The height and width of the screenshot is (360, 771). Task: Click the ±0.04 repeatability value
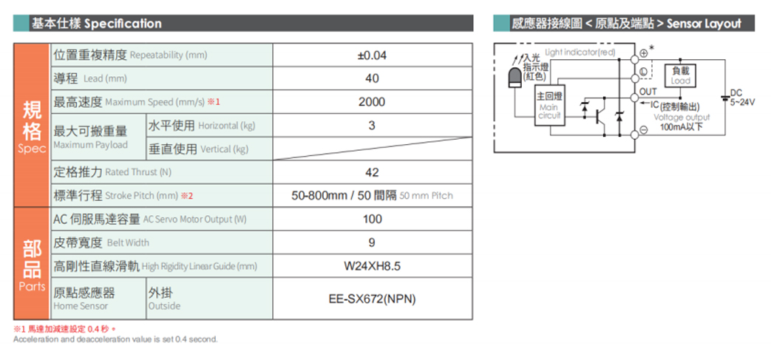(x=373, y=55)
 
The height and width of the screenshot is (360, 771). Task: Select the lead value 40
(x=373, y=78)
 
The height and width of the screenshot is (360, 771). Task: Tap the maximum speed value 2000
(x=373, y=102)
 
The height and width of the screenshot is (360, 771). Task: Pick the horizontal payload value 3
(x=372, y=126)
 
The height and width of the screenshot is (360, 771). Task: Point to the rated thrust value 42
(x=373, y=172)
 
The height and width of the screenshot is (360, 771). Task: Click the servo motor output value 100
(x=373, y=219)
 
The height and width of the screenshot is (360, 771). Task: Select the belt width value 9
(x=372, y=242)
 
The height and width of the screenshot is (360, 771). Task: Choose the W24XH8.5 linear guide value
(x=373, y=267)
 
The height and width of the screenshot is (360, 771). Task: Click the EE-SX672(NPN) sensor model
(x=373, y=299)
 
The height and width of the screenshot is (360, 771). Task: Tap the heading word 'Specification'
(x=123, y=23)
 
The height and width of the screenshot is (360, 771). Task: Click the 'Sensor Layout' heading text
(x=704, y=24)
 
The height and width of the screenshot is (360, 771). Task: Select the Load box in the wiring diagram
(x=681, y=75)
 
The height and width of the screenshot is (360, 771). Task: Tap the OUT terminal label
(x=648, y=92)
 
